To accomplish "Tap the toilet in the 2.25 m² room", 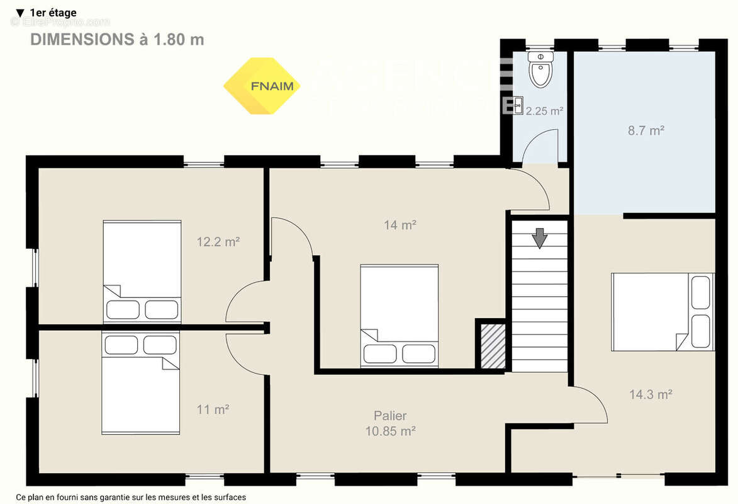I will pyautogui.click(x=540, y=71).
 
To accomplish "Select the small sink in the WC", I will pyautogui.click(x=518, y=105).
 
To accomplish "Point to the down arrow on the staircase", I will pyautogui.click(x=539, y=238).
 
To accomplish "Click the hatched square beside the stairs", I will pyautogui.click(x=493, y=346).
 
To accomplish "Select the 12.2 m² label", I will pyautogui.click(x=218, y=241).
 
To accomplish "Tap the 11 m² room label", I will pyautogui.click(x=213, y=409).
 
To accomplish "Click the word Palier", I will pyautogui.click(x=390, y=416).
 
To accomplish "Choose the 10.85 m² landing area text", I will pyautogui.click(x=390, y=432).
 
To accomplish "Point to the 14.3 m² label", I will pyautogui.click(x=651, y=394).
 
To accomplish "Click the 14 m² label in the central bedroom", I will pyautogui.click(x=400, y=224).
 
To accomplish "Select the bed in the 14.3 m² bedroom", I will pyautogui.click(x=663, y=311).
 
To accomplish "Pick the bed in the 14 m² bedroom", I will pyautogui.click(x=399, y=316).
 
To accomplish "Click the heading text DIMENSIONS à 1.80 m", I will pyautogui.click(x=117, y=39).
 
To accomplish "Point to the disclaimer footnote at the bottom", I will pyautogui.click(x=131, y=497).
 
